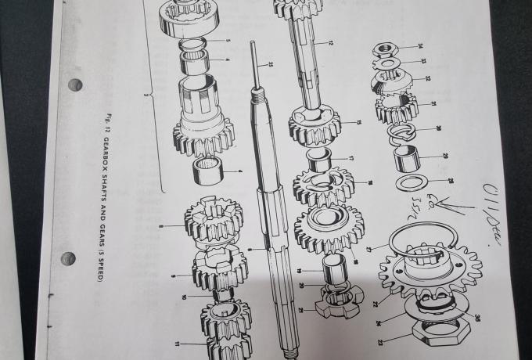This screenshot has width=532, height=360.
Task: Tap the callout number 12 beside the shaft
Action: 331,41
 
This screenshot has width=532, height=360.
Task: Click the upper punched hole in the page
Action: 75,85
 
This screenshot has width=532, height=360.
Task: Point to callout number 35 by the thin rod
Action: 271,63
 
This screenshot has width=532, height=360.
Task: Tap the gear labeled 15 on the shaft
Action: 314,124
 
